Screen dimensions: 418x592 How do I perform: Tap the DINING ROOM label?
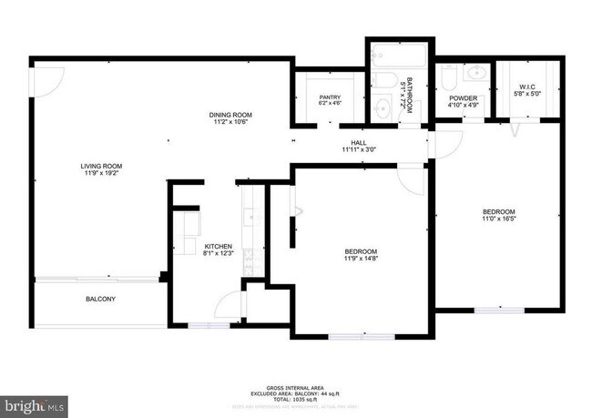[x=230, y=118]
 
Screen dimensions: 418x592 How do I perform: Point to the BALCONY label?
[x=100, y=299]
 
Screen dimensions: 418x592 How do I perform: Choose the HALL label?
[x=358, y=146]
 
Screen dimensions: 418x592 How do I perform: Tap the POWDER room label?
[x=463, y=100]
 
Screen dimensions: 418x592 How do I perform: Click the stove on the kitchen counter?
[x=248, y=219]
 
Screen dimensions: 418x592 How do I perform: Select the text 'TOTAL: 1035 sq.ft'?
[x=295, y=399]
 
